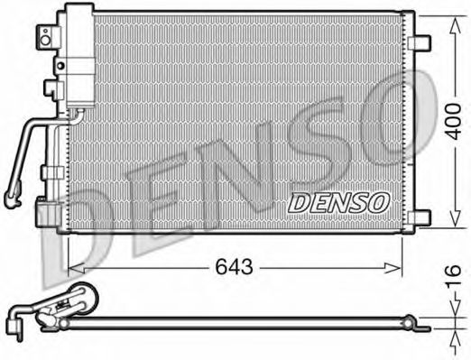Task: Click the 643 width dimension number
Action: coord(233,267)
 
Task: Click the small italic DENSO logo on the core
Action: coord(337,203)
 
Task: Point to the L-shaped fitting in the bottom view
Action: coord(17,318)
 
